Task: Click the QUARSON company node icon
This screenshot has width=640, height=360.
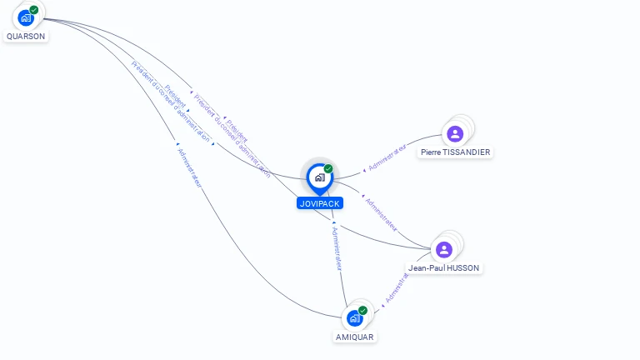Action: coord(25,17)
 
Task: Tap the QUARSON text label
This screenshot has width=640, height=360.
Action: coord(26,37)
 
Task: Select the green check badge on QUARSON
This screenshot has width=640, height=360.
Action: coord(34,10)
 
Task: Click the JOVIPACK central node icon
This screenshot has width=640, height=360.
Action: coord(319,177)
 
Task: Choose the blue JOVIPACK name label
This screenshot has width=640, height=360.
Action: coord(320,203)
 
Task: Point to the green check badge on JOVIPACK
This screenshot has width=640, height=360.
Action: coord(328,169)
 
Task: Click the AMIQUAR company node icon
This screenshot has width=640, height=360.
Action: coord(354,318)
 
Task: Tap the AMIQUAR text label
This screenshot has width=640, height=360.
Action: coord(355,337)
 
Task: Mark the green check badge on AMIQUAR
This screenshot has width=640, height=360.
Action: coord(362,311)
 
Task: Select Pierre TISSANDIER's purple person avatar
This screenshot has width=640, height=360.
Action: coord(454,133)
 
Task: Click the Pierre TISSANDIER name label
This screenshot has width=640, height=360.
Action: coord(456,152)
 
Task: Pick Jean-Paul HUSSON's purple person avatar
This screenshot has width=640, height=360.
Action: coord(444,249)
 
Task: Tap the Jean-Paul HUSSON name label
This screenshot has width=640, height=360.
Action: coord(444,268)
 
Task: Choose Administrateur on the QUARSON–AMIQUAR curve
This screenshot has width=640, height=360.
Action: coord(189,167)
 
